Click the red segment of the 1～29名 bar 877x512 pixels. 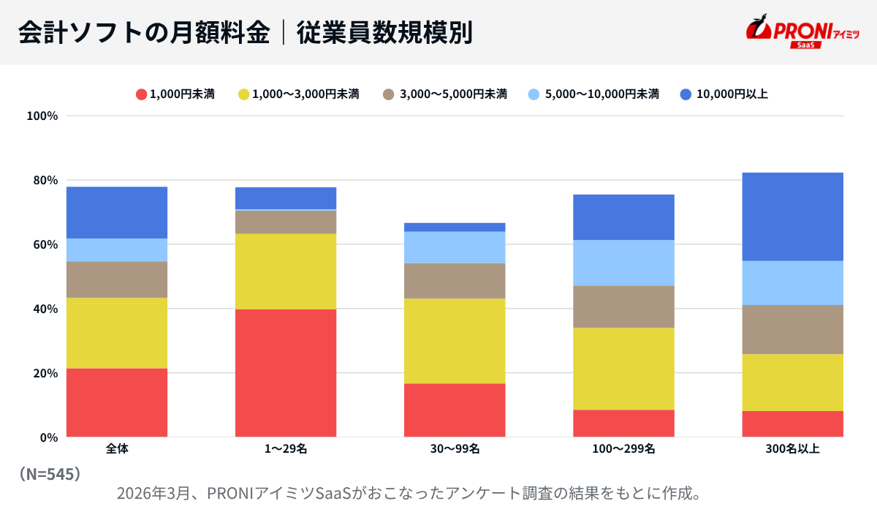coord(286,373)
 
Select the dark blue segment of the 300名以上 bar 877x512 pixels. coord(793,217)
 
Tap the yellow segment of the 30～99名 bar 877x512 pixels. coord(455,341)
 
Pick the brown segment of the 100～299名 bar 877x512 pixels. coord(623,306)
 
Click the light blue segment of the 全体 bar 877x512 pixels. coord(117,250)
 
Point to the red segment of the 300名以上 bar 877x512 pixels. coord(793,424)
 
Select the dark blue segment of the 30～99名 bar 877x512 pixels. coord(455,227)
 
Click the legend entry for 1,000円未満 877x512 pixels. coord(175,94)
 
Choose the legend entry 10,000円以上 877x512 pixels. coord(724,94)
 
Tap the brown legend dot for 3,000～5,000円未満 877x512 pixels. coord(389,94)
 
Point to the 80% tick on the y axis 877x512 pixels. coord(42,180)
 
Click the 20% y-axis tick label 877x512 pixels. coord(42,373)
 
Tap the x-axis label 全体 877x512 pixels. coord(117,449)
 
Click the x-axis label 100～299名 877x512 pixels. coord(623,449)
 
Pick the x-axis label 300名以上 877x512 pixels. coord(793,449)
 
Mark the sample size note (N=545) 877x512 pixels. coord(49,474)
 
